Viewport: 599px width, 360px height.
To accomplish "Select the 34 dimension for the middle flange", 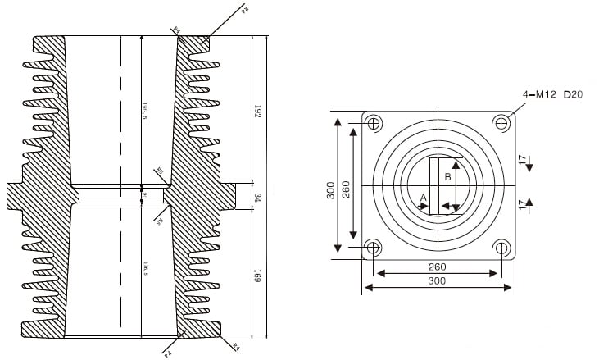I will [257, 197].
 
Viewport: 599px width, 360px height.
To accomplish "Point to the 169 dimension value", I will [257, 277].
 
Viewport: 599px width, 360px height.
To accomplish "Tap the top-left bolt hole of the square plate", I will [374, 124].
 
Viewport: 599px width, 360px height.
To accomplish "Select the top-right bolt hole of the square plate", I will [501, 123].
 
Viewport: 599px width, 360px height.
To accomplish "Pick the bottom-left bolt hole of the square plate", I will [374, 247].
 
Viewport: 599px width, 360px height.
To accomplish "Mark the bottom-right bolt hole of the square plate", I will [501, 247].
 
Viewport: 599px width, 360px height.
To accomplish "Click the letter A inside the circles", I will [423, 198].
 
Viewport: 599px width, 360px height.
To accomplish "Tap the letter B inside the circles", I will [447, 176].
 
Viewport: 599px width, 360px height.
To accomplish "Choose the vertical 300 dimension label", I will [330, 191].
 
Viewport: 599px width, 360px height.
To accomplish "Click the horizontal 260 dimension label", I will [437, 267].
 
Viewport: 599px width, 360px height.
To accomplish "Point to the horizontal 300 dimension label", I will [437, 281].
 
